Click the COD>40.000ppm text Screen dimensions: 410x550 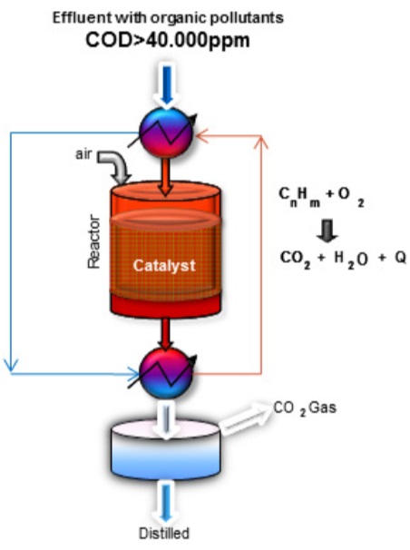click(168, 40)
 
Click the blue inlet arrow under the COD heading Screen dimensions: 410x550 click(167, 85)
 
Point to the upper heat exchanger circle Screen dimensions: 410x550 click(166, 133)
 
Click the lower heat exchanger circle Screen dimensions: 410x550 click(166, 373)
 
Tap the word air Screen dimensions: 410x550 click(83, 154)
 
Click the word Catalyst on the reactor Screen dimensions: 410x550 click(164, 266)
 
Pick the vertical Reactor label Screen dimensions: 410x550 click(94, 241)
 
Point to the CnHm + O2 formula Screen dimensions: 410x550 click(321, 197)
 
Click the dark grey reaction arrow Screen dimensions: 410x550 click(327, 231)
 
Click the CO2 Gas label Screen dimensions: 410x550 click(305, 408)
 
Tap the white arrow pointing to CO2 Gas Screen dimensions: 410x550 click(245, 419)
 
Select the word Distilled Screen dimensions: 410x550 click(164, 533)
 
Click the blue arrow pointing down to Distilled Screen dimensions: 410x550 click(166, 502)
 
